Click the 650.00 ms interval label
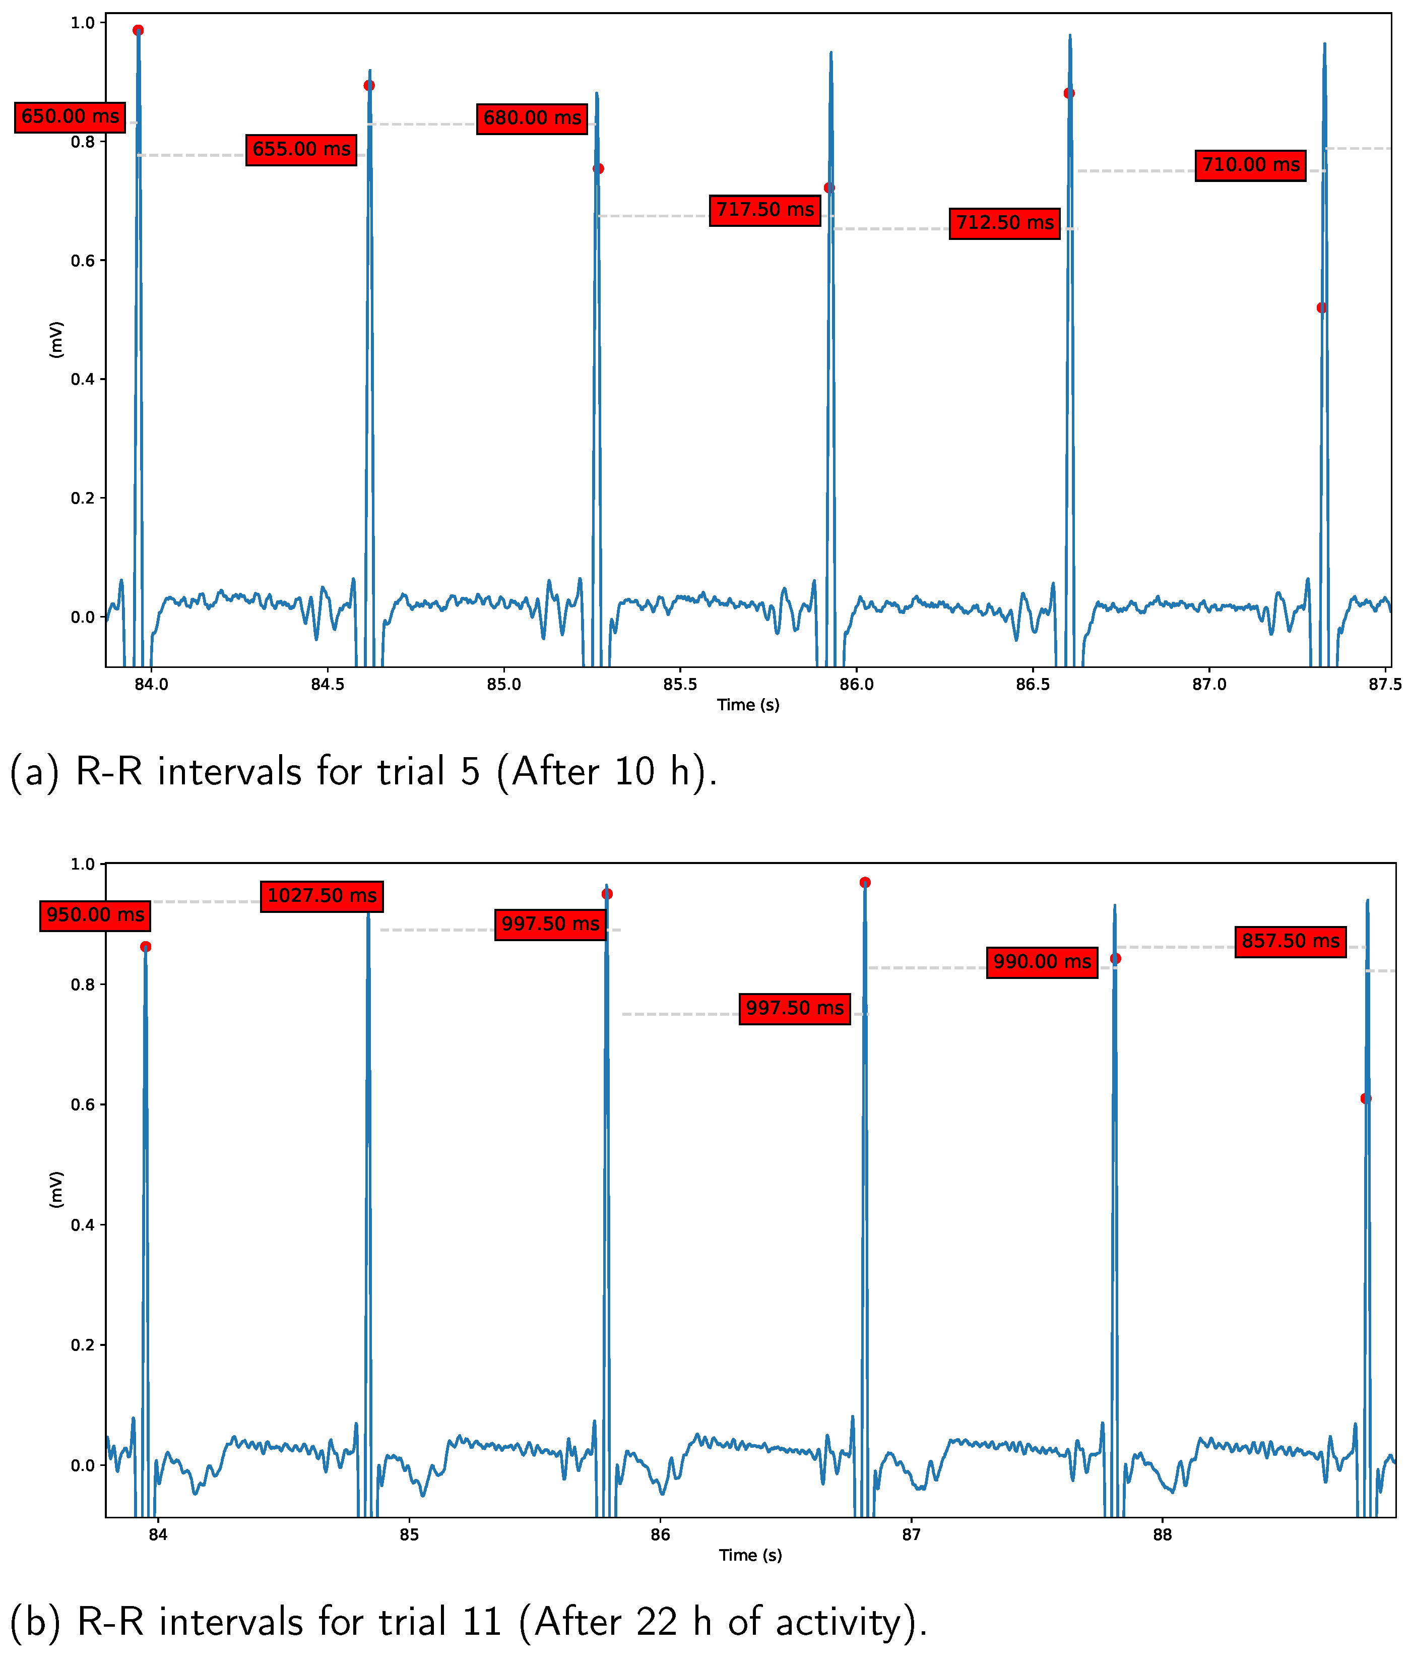click(x=70, y=116)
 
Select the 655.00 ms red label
click(x=301, y=149)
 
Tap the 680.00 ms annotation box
click(x=532, y=118)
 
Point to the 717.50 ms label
click(x=764, y=210)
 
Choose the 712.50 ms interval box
click(x=1004, y=223)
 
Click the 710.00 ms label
click(x=1250, y=165)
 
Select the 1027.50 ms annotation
click(x=321, y=896)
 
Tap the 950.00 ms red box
click(x=95, y=915)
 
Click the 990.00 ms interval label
click(x=1042, y=961)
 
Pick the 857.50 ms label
click(x=1290, y=941)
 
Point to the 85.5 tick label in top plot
click(x=680, y=685)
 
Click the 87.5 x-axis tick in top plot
click(x=1385, y=685)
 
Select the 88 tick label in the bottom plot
click(x=1162, y=1535)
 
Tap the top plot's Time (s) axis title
click(x=748, y=705)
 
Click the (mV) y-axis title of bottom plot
click(x=56, y=1190)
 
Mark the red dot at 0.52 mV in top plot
click(x=1322, y=307)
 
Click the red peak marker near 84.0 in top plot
click(x=138, y=30)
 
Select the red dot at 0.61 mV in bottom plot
click(x=1366, y=1099)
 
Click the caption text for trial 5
click(x=363, y=772)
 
